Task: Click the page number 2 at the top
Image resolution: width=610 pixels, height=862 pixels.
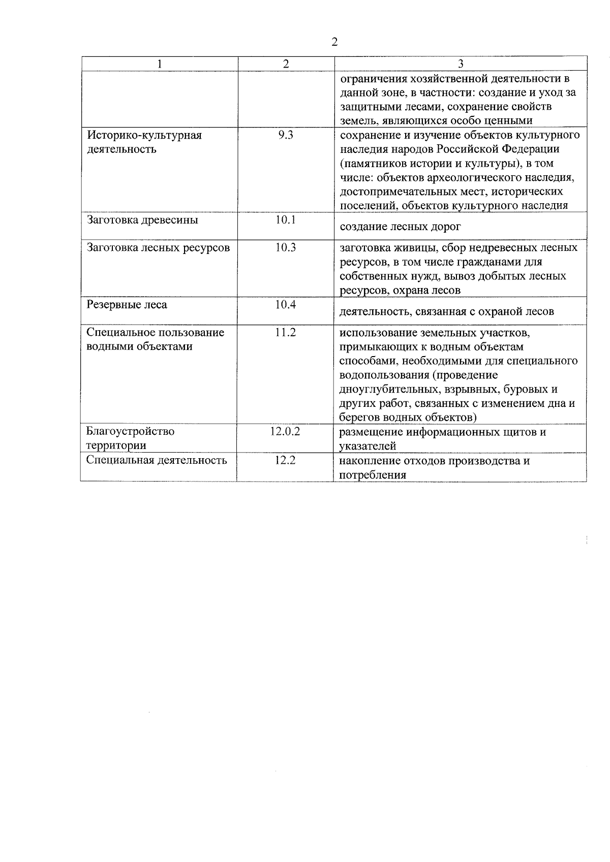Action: click(x=334, y=42)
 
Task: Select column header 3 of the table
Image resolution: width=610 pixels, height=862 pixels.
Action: click(x=461, y=64)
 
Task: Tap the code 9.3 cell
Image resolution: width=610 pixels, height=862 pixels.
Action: click(x=286, y=136)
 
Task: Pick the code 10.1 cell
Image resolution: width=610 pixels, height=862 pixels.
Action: click(x=286, y=220)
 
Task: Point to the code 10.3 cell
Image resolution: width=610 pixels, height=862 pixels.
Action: click(x=286, y=248)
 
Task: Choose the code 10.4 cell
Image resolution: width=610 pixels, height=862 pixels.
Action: click(x=286, y=305)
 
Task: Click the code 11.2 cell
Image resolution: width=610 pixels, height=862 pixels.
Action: click(x=286, y=333)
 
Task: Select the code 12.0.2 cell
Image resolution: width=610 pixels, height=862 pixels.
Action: click(x=286, y=432)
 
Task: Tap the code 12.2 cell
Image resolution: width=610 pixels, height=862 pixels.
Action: click(x=286, y=460)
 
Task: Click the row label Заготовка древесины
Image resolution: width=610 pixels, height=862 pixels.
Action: click(x=143, y=220)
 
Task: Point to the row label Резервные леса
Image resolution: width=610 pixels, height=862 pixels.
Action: click(x=127, y=305)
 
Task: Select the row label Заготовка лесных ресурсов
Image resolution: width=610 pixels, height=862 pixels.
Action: click(x=158, y=248)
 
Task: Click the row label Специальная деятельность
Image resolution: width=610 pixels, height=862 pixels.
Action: click(x=157, y=460)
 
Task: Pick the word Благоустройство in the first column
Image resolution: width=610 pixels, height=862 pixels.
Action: click(x=131, y=432)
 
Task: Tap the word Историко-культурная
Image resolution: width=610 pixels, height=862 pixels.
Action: click(x=145, y=136)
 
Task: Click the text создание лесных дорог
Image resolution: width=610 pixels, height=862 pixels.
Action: click(x=401, y=227)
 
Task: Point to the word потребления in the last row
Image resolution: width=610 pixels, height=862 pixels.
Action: click(x=373, y=475)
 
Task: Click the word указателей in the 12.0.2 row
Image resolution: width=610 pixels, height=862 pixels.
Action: click(x=368, y=446)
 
